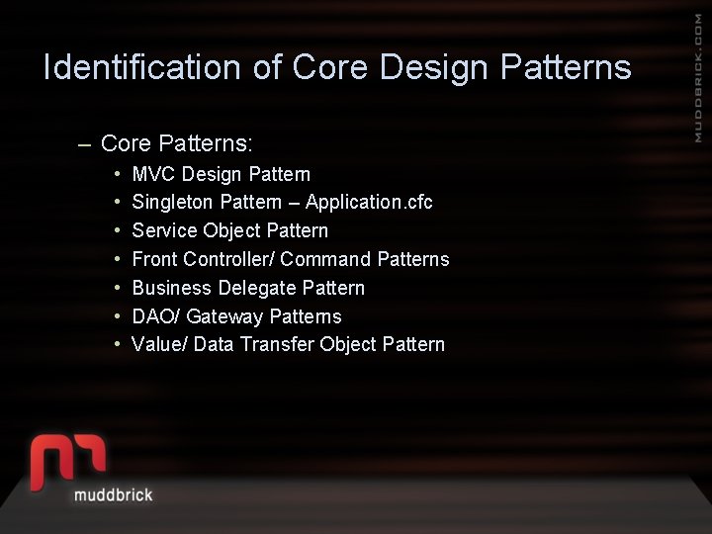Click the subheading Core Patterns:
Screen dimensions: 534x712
pos(177,143)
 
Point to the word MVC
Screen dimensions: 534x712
pos(153,174)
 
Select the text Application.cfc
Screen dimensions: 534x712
pos(369,203)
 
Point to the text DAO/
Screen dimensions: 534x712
pos(155,316)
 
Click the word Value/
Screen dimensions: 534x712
pos(159,344)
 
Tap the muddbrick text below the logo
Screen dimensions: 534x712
pos(113,494)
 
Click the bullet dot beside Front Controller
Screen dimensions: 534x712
pos(118,259)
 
